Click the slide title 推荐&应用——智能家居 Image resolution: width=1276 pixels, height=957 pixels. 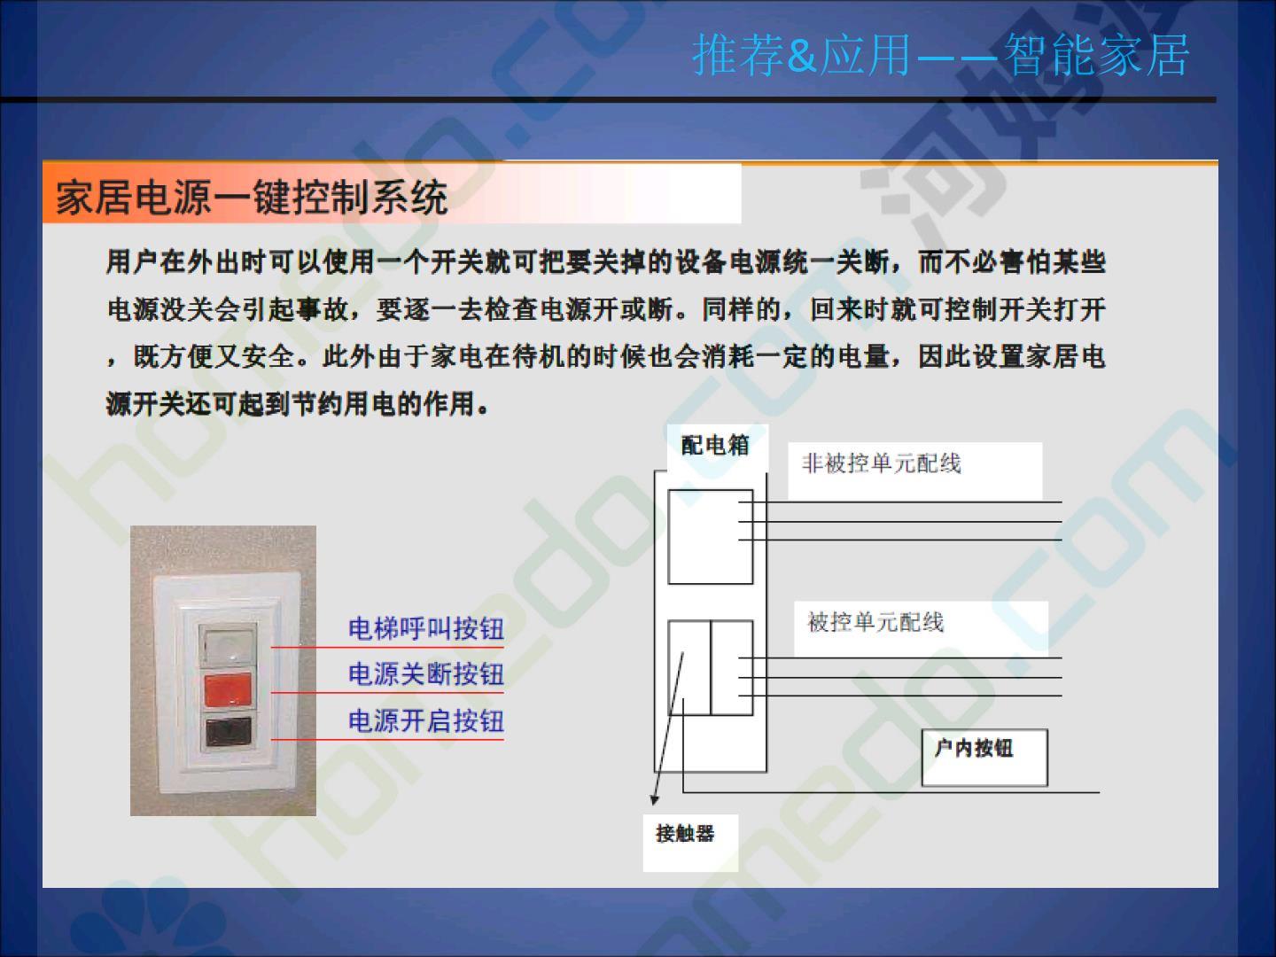pos(940,55)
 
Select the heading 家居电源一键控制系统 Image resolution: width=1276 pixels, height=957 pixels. pos(252,198)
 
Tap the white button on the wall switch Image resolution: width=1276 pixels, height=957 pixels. pos(229,644)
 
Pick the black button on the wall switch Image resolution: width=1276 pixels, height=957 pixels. pos(229,732)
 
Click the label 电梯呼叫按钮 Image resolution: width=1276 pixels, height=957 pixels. pos(426,629)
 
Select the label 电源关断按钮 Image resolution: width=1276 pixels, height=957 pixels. pos(426,674)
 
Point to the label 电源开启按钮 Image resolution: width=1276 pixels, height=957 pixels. pos(426,721)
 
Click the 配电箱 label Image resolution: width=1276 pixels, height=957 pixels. pos(715,446)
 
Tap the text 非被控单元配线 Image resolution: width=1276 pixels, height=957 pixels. pos(882,463)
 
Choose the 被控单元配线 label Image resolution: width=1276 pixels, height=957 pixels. pos(875,622)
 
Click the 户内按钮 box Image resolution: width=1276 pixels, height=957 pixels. pos(984,758)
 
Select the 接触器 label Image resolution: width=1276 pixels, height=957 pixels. pos(685,834)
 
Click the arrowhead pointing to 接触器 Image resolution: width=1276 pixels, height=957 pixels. pos(655,800)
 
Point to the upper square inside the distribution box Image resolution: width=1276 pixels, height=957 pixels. pos(711,537)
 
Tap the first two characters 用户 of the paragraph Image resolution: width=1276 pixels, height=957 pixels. pos(132,261)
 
